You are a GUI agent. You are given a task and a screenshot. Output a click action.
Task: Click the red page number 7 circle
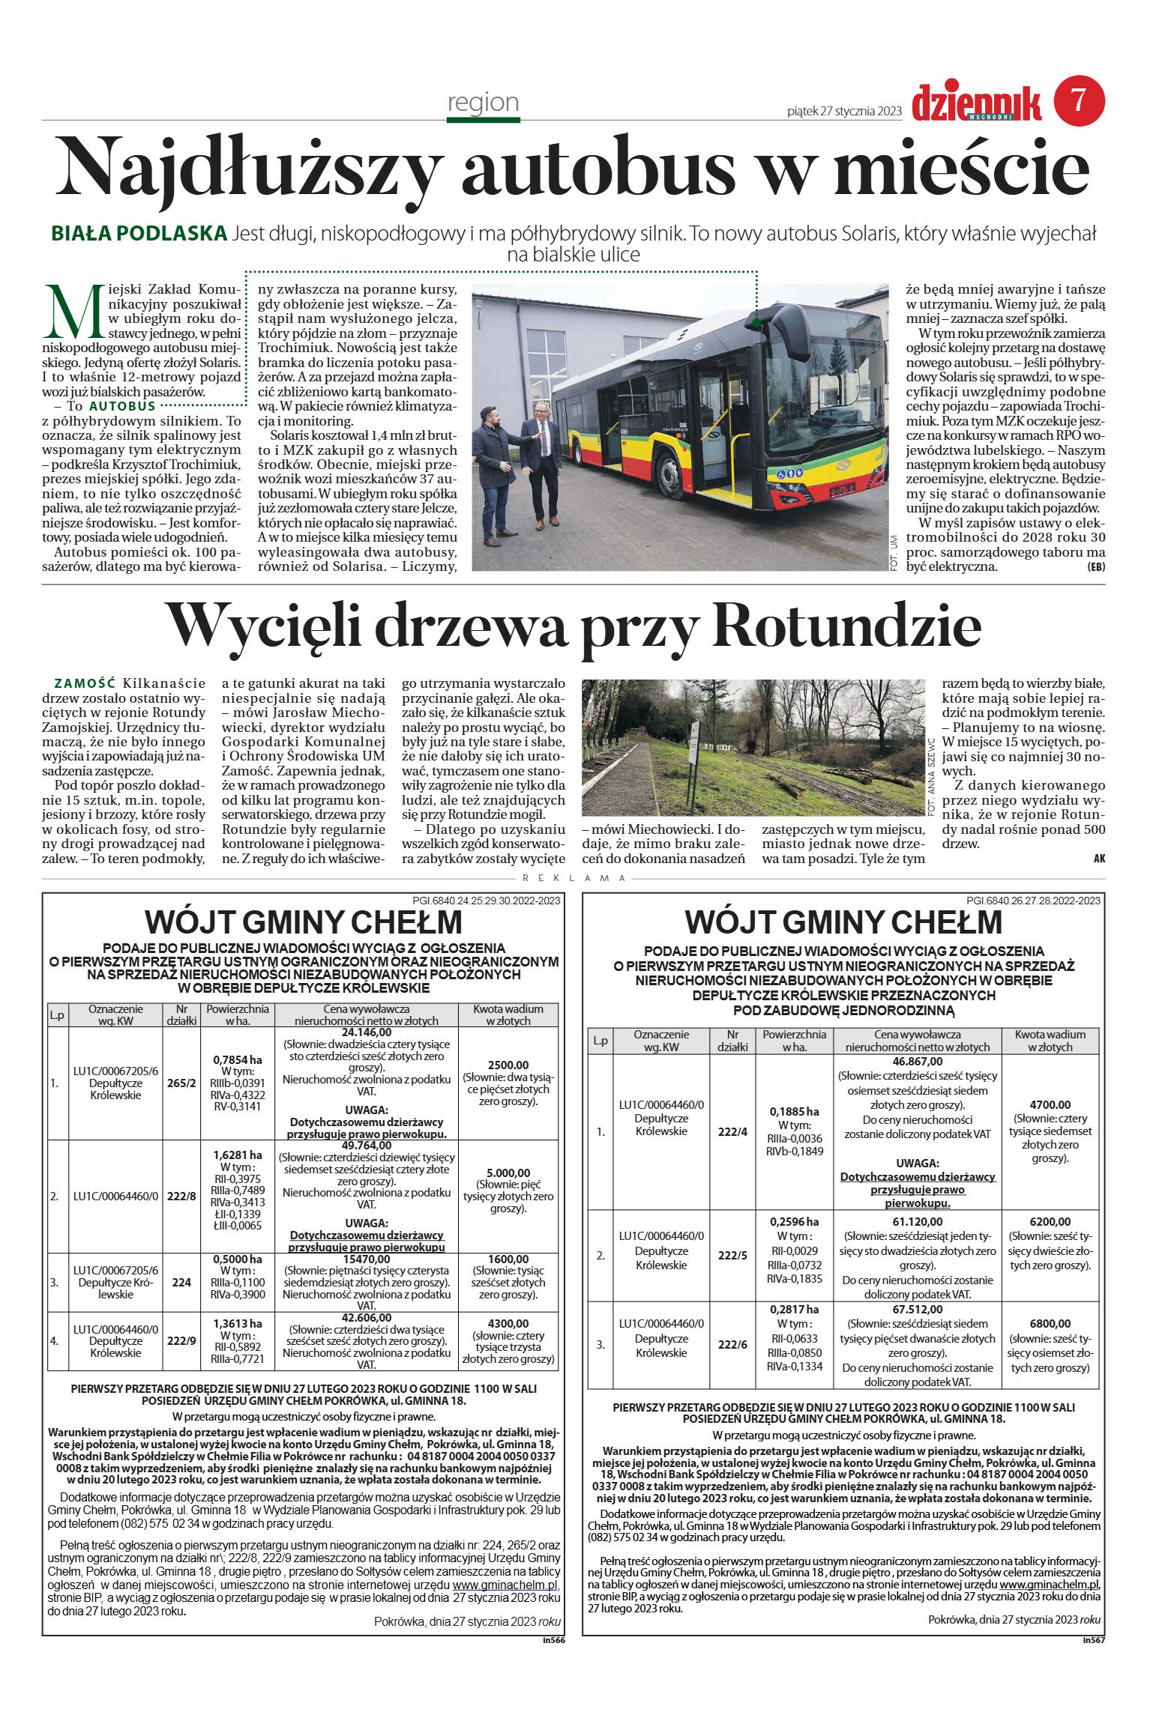tap(1079, 101)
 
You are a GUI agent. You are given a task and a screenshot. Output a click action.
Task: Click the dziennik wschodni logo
tap(976, 103)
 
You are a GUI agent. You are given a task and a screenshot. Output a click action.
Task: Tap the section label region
tap(483, 102)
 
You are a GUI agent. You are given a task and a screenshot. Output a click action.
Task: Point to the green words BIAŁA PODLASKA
tap(139, 234)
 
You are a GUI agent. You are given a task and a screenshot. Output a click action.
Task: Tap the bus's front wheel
tap(669, 474)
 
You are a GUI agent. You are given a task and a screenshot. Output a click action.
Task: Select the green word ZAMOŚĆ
tap(85, 683)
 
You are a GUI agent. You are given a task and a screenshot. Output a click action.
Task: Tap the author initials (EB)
tap(1095, 567)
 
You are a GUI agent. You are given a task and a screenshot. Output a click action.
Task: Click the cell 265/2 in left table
tap(181, 1083)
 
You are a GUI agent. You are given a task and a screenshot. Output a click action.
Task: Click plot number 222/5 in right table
tap(732, 1256)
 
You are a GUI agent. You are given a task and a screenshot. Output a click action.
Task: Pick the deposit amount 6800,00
tap(1050, 1324)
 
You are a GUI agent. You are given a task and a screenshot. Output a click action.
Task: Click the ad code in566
tap(553, 1640)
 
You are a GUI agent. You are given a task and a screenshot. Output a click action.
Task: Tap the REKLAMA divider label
tap(574, 878)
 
